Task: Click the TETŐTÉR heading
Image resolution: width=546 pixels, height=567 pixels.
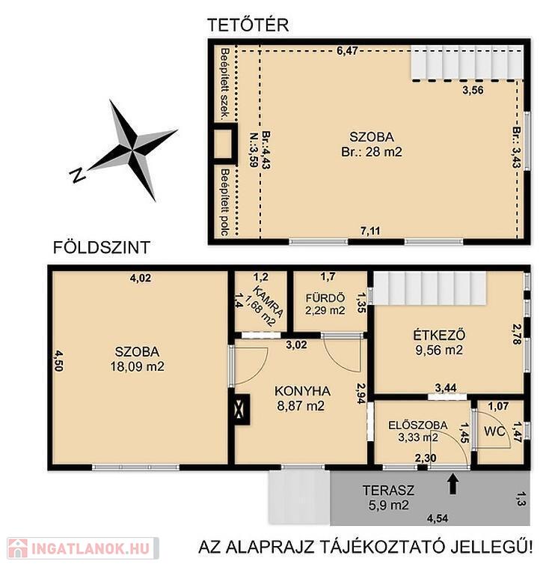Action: [x=248, y=25]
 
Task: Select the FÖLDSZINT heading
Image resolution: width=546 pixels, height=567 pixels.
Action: [x=102, y=248]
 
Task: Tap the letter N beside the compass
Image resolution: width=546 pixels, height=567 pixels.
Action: [x=77, y=175]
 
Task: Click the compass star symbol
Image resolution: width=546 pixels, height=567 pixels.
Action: [x=132, y=150]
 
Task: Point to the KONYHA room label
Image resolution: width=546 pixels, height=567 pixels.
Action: [x=303, y=391]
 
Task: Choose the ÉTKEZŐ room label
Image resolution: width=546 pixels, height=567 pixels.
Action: [x=439, y=336]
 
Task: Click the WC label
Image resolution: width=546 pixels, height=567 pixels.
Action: [x=494, y=431]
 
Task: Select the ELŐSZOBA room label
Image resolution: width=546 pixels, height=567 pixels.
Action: [x=418, y=425]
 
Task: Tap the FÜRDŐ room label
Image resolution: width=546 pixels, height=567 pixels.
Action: [x=325, y=298]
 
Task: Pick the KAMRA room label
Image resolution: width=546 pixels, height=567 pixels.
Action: [x=268, y=301]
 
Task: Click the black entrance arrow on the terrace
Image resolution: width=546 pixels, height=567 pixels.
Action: [x=453, y=485]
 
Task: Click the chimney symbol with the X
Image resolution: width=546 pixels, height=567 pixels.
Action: [x=239, y=410]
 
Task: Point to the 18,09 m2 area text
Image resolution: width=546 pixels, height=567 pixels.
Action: [x=137, y=367]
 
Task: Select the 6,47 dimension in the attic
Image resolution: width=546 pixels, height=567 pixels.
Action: [x=347, y=51]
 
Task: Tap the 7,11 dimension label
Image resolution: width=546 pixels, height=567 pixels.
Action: [x=370, y=231]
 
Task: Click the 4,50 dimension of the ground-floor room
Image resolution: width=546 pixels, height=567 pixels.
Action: [x=58, y=360]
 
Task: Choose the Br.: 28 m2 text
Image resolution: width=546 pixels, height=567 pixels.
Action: [x=372, y=152]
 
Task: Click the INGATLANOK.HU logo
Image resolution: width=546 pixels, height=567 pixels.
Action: [x=84, y=548]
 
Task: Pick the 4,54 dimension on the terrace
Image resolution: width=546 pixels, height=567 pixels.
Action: [x=438, y=518]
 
